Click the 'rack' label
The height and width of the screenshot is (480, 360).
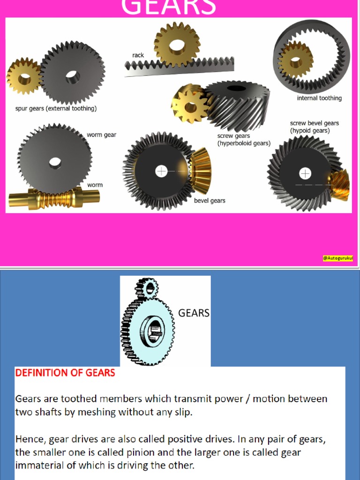(x=138, y=55)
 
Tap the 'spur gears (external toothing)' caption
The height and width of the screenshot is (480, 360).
(x=56, y=109)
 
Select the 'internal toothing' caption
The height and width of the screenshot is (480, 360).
(x=319, y=98)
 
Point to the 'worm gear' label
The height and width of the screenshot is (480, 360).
(x=101, y=135)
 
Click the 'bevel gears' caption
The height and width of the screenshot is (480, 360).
(x=210, y=201)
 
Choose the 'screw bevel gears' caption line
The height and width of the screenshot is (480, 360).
(x=314, y=123)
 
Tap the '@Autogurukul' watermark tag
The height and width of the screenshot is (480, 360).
(x=338, y=258)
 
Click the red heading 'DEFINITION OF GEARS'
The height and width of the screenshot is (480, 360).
(x=65, y=373)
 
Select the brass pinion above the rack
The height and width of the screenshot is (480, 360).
(x=177, y=45)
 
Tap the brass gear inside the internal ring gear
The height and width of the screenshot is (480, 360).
(x=295, y=60)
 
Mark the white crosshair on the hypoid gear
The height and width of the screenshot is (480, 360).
(x=305, y=174)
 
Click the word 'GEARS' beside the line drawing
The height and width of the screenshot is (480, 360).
(x=194, y=313)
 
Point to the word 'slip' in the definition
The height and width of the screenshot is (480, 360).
(x=184, y=412)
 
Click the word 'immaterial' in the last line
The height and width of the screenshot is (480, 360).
(x=38, y=465)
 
